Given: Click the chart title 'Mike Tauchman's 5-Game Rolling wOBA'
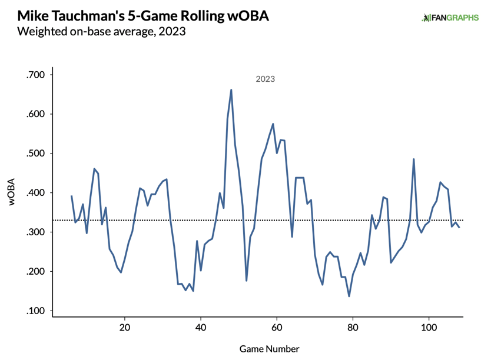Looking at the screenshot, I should [x=143, y=16].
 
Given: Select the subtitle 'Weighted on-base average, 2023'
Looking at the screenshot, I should [x=102, y=32].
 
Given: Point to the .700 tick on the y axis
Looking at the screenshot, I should [x=35, y=75].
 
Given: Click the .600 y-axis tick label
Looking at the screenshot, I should [x=35, y=114].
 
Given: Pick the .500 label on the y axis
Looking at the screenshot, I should [x=35, y=154].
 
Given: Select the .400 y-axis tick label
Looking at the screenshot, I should [x=35, y=193].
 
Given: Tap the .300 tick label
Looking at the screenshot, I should [x=35, y=232].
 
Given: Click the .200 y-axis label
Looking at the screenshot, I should [x=35, y=272].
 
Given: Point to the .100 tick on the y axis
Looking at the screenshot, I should [x=35, y=311].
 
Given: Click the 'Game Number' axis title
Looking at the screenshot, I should [x=269, y=349].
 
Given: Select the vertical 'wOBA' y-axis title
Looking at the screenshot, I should [x=12, y=193].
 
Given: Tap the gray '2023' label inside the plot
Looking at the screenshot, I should [x=265, y=79].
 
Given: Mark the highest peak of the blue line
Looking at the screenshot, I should [x=231, y=90].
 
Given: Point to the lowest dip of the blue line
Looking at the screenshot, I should [x=349, y=296].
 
